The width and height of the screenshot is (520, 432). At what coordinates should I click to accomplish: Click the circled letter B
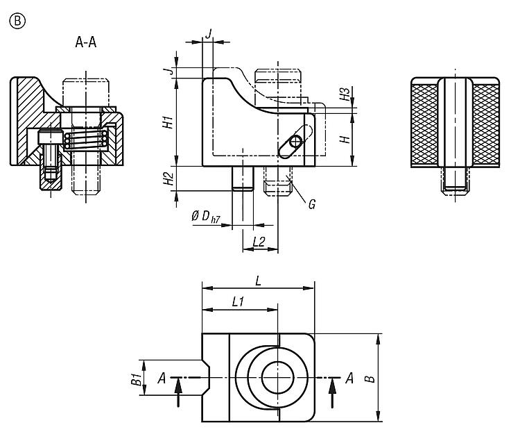[16, 22]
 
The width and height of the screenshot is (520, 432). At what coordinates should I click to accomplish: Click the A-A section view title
[86, 42]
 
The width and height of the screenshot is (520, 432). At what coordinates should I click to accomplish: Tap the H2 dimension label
[167, 179]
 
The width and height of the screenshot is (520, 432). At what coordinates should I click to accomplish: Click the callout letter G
[312, 204]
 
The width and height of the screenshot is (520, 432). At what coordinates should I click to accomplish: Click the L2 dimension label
[259, 242]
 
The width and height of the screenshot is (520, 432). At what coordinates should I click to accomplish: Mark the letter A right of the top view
[349, 378]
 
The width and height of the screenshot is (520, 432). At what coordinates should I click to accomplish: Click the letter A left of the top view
[161, 378]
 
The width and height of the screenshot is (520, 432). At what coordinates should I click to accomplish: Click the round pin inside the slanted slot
[295, 141]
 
